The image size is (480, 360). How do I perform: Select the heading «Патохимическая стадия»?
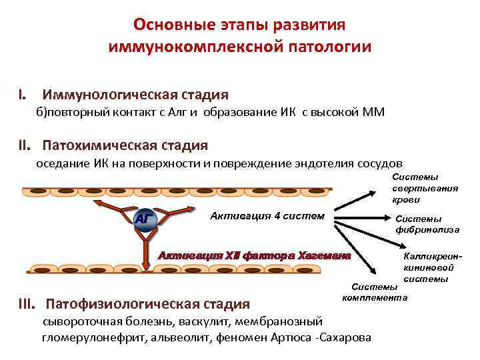125,145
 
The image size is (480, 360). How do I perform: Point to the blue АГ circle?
144,219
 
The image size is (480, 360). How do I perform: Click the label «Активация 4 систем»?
267,215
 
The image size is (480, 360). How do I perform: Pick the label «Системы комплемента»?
374,291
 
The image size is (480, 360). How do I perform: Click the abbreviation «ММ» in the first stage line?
372,111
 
